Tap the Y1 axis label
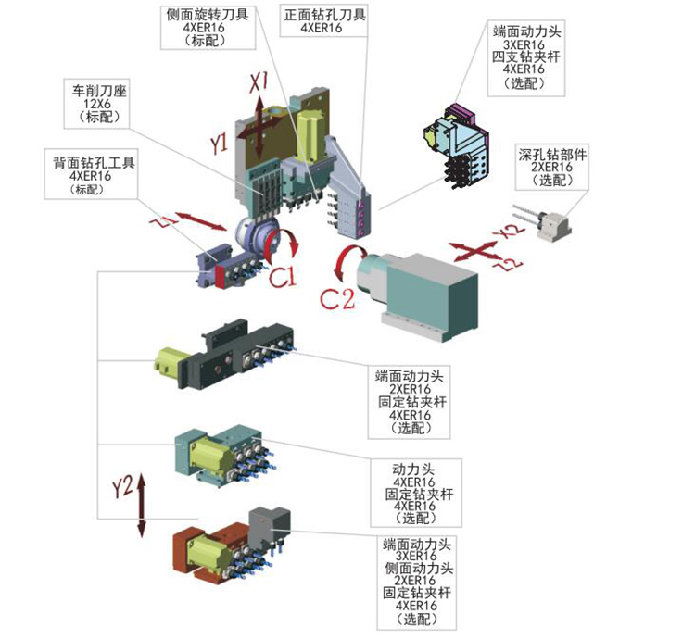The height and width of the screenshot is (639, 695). pyautogui.click(x=219, y=143)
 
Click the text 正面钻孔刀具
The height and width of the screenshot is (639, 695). pyautogui.click(x=322, y=15)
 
